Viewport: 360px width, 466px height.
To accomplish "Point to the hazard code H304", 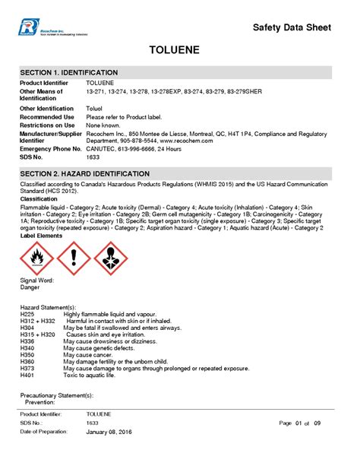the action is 27,328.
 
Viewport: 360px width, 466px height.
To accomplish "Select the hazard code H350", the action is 27,355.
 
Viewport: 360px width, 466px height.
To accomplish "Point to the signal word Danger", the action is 30,287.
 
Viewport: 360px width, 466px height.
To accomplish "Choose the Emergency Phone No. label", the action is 51,148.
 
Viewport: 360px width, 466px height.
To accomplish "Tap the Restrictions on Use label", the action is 47,125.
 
